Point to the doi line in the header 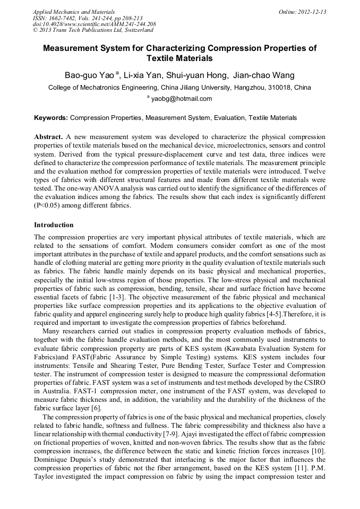click(x=94, y=24)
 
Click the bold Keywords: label click(x=51, y=118)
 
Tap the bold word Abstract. click(x=49, y=136)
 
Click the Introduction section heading click(x=54, y=225)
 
